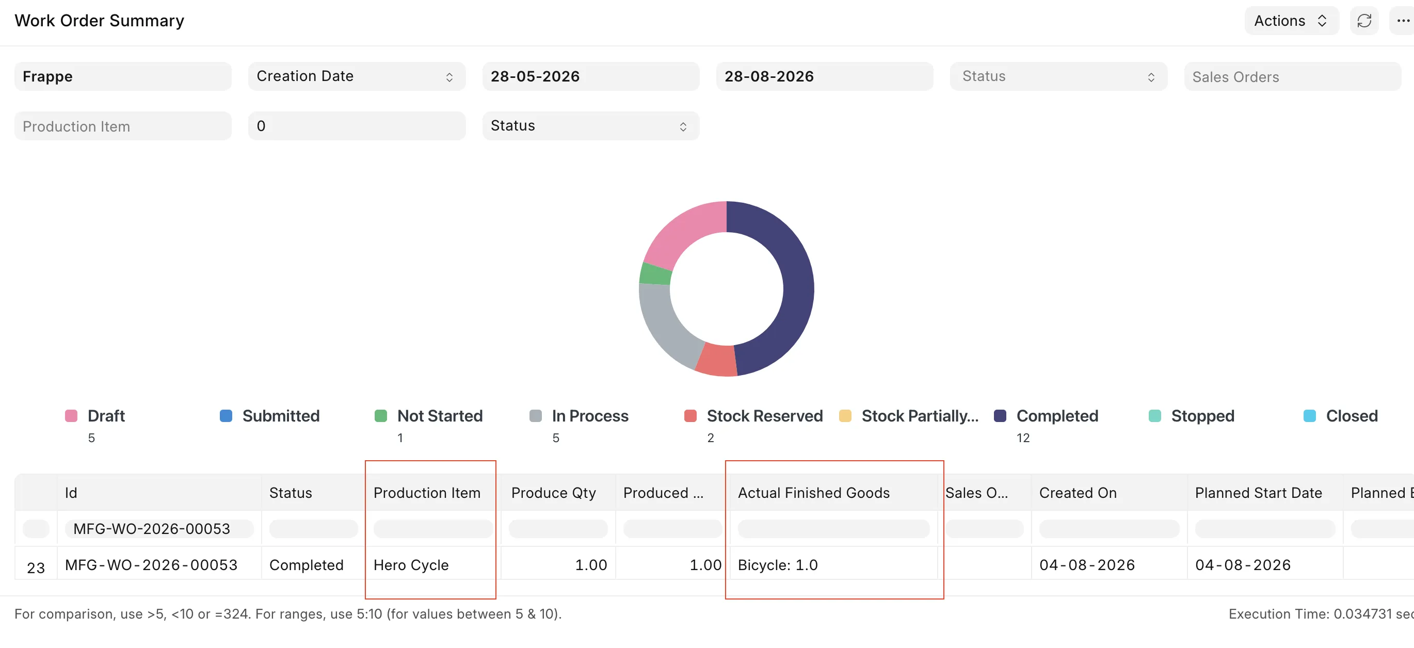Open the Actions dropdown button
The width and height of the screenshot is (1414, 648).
(1291, 21)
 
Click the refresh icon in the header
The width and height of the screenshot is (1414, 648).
(1364, 21)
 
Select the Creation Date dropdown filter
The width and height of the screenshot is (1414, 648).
(356, 76)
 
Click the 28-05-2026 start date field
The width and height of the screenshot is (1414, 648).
(591, 76)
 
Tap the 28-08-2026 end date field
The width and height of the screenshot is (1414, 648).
(825, 76)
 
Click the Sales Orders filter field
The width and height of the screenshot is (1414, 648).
(1292, 76)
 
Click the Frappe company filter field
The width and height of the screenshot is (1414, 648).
(123, 76)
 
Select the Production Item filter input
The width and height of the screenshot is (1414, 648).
(123, 126)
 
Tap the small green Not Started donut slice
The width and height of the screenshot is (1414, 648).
(655, 274)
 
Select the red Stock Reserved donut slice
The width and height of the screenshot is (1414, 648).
(716, 361)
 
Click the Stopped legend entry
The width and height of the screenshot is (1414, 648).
(1192, 416)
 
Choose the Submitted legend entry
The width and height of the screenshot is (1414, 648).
(269, 416)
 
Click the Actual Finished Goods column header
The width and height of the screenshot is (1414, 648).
(813, 493)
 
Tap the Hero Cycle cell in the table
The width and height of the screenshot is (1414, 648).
(411, 564)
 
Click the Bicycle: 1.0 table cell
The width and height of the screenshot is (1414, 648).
(778, 564)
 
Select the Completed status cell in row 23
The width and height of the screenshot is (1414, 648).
(307, 564)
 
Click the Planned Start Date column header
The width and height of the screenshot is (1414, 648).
(1258, 493)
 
